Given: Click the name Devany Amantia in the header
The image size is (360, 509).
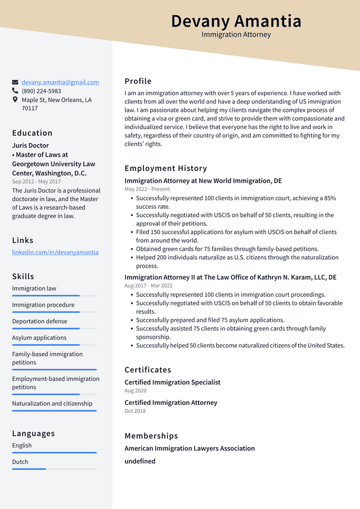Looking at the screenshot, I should coord(236,21).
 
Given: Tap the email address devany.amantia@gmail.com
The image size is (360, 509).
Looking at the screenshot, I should coord(60,82).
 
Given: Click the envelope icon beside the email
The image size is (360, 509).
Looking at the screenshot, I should coord(15,82).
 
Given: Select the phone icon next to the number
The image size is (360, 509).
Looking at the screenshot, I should coord(15,91).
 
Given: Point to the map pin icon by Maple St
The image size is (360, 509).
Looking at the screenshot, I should coord(15,100).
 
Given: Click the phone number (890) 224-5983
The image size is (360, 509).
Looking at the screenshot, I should coord(41,91).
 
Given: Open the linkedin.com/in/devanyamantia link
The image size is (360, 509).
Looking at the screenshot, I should coord(55,253).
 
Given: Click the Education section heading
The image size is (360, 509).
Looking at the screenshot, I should coord(32,133).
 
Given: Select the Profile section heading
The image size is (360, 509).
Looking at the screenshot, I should coord(138,81).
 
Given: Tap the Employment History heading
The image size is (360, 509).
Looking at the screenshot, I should coord(166,168).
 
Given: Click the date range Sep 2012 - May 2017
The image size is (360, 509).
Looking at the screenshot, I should coord(36,182).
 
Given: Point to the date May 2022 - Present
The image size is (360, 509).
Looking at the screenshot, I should coord(147,190).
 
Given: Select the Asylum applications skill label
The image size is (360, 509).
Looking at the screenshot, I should coord(39,338).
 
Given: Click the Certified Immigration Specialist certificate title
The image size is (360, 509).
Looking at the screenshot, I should coord(172,382).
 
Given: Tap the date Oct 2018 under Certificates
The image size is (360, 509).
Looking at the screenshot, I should coord(135,411).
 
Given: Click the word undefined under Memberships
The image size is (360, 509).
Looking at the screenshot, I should coord(140,461).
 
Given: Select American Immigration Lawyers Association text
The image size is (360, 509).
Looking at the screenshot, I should coord(190,448).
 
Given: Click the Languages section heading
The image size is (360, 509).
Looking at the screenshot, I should coord(33,434).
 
